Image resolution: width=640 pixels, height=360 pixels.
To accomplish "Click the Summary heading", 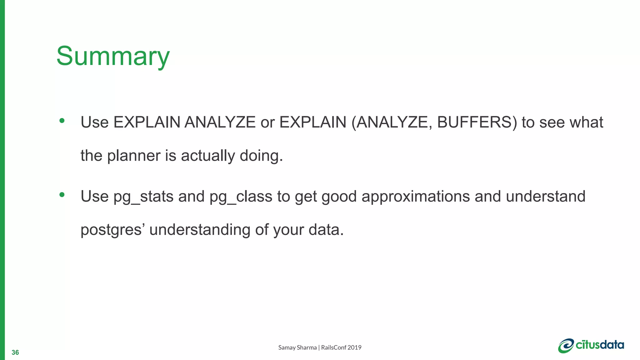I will pyautogui.click(x=113, y=56).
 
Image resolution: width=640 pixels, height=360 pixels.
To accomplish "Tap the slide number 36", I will pyautogui.click(x=15, y=352).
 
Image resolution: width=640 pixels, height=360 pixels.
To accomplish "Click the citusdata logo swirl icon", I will pyautogui.click(x=566, y=346).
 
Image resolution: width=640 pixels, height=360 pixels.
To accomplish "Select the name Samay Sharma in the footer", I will pyautogui.click(x=297, y=347).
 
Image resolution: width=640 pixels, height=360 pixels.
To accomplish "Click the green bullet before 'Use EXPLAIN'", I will pyautogui.click(x=62, y=121).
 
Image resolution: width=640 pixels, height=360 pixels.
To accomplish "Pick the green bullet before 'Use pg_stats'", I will pyautogui.click(x=62, y=195).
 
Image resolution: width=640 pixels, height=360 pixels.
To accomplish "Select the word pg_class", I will pyautogui.click(x=241, y=197).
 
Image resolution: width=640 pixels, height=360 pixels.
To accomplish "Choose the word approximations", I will pyautogui.click(x=416, y=197).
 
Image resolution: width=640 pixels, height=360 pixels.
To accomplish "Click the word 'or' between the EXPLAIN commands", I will pyautogui.click(x=267, y=122).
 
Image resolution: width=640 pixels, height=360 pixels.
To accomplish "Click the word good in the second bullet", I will pyautogui.click(x=339, y=197).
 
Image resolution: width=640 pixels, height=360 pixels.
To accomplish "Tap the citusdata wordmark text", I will pyautogui.click(x=600, y=345).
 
